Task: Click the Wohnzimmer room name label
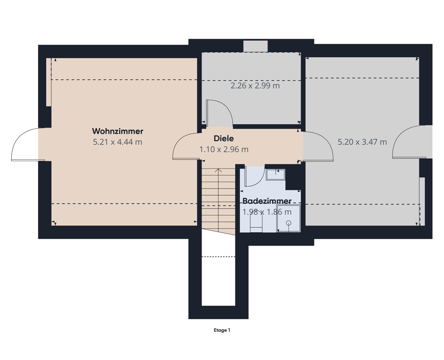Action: pos(117,131)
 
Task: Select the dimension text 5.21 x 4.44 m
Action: pos(117,142)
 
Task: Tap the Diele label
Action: pos(223,139)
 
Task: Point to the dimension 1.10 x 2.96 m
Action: pos(223,149)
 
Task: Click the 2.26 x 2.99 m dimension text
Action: pos(255,86)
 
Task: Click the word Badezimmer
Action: pos(267,201)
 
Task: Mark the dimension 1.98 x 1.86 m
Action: pos(267,212)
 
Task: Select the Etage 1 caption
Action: pos(222,330)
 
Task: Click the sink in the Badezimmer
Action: pos(275,174)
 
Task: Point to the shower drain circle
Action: pos(288,223)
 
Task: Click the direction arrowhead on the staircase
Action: pos(218,170)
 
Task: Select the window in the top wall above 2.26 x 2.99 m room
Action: pos(255,46)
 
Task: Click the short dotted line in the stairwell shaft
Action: pos(218,257)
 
